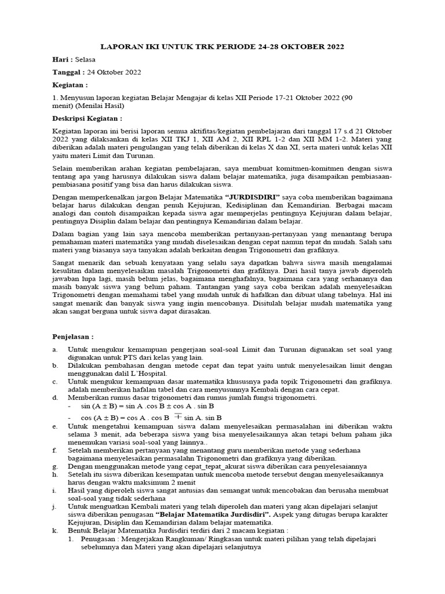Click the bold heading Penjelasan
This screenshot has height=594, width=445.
(72, 336)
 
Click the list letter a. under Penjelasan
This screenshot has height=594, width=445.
(55, 350)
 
